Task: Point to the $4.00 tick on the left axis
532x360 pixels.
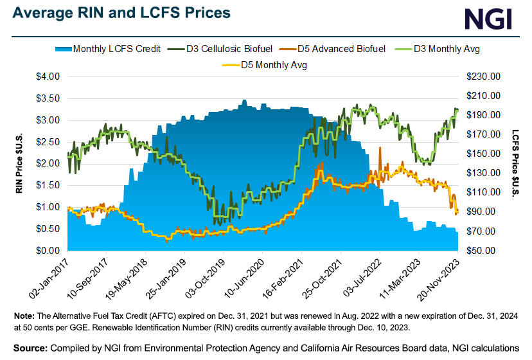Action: click(46, 76)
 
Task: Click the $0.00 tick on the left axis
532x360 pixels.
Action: click(46, 250)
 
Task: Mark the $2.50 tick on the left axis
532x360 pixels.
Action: click(46, 142)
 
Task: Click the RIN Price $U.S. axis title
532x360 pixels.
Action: click(19, 163)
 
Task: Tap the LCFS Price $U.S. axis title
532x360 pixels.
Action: click(515, 163)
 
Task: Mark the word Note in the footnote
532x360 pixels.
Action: click(24, 316)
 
